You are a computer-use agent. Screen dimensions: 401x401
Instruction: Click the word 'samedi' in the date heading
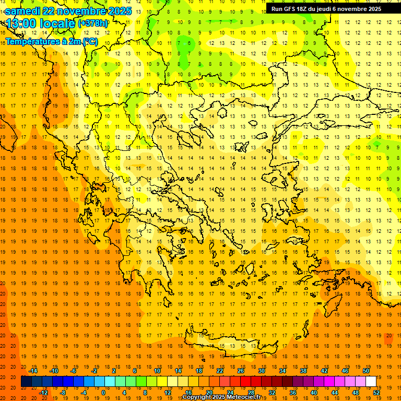[x=22, y=10]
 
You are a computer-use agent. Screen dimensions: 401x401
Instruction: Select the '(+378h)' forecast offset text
[x=93, y=23]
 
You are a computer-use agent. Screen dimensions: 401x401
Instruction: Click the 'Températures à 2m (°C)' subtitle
[x=51, y=41]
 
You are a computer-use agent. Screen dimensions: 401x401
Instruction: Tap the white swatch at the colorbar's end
[x=371, y=382]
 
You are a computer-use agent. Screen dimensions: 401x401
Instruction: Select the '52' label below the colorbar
[x=377, y=392]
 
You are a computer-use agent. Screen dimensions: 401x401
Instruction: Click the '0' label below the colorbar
[x=103, y=392]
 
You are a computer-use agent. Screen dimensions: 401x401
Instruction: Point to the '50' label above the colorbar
[x=365, y=371]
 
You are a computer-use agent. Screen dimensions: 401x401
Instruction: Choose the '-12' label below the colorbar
[x=43, y=392]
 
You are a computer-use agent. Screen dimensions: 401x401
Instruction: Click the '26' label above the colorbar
[x=241, y=371]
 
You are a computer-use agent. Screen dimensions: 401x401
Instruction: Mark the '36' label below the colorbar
[x=293, y=392]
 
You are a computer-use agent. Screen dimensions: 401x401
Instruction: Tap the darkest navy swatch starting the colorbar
[x=26, y=382]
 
